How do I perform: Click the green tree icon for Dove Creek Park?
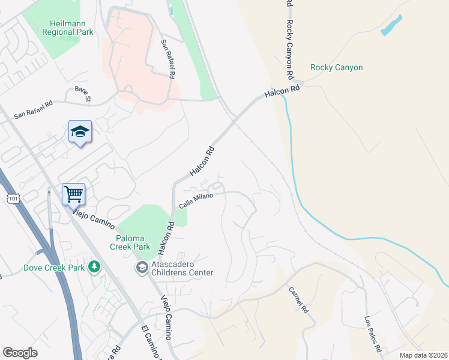pyautogui.click(x=95, y=266)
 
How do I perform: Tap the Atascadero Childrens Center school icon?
pyautogui.click(x=142, y=266)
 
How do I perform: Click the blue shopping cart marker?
pyautogui.click(x=73, y=194)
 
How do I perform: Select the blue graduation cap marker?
pyautogui.click(x=80, y=132)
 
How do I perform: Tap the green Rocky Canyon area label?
pyautogui.click(x=336, y=67)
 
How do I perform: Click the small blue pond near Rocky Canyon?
pyautogui.click(x=391, y=25)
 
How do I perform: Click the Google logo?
pyautogui.click(x=20, y=353)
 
